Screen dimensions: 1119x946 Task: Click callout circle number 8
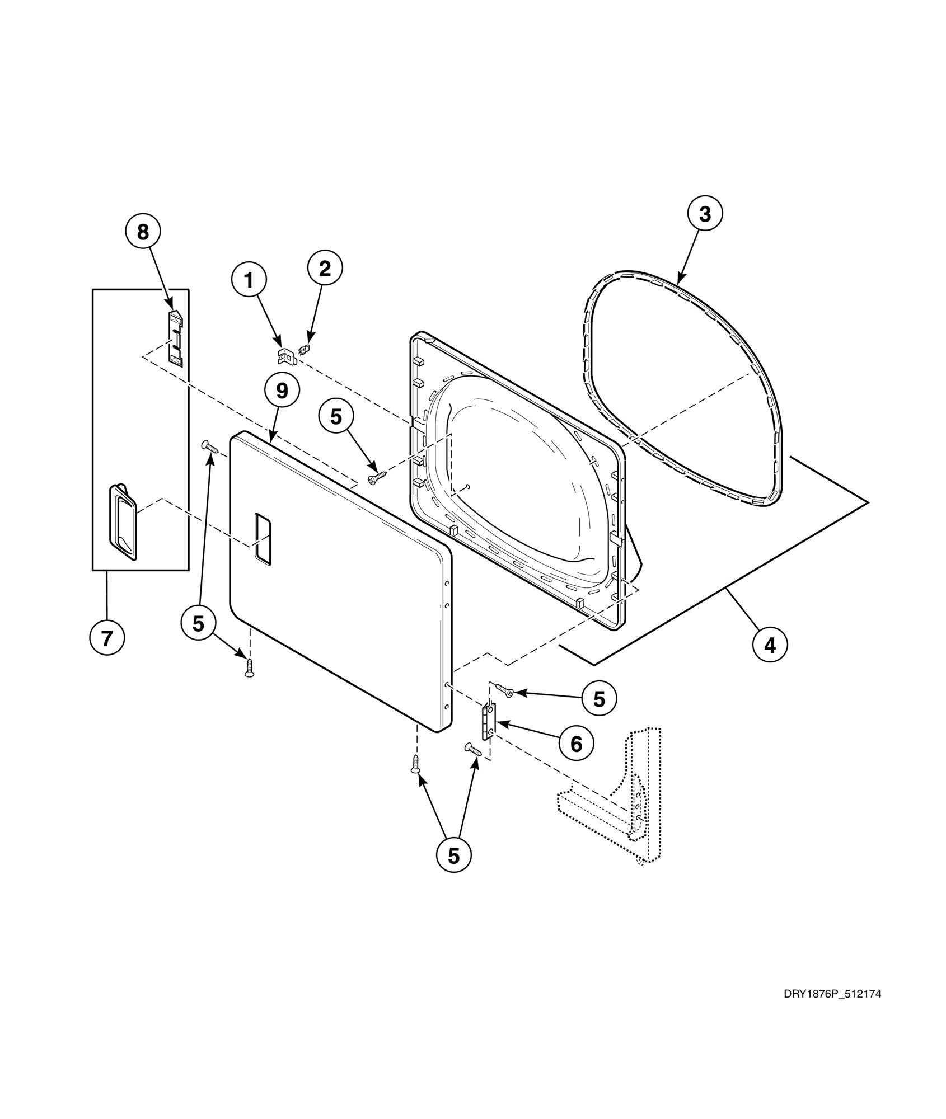[143, 232]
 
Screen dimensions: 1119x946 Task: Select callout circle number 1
[250, 281]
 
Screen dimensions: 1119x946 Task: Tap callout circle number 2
[325, 269]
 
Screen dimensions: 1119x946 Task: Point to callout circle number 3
[705, 214]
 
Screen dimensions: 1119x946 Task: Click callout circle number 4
[770, 646]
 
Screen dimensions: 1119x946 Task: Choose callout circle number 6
[576, 744]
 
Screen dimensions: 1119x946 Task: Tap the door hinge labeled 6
[488, 721]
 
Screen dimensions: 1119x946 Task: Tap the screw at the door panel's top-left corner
[210, 446]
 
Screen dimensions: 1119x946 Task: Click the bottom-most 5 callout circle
[453, 855]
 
